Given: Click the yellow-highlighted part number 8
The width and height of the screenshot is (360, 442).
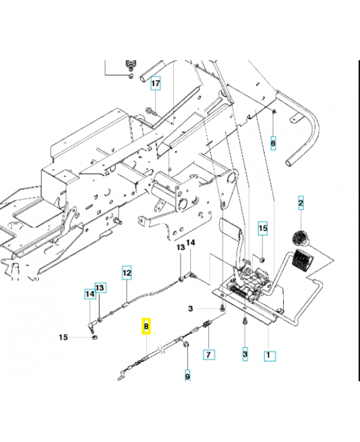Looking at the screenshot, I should click(146, 327).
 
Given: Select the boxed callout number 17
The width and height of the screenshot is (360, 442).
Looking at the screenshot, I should click(156, 84).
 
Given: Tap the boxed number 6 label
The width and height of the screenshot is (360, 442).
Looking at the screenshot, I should click(273, 143).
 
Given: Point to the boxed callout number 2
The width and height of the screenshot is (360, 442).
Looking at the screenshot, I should click(301, 204).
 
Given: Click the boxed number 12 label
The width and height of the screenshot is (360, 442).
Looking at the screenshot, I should click(127, 272).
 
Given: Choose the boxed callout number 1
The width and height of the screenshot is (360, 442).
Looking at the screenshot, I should click(269, 356).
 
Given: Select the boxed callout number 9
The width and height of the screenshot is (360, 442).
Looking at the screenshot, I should click(187, 376).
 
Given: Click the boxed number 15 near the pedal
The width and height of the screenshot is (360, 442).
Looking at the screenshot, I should click(263, 228).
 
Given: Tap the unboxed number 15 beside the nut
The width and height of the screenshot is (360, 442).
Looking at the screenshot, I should click(64, 337).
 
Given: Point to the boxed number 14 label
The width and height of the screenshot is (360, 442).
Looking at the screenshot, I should click(89, 295).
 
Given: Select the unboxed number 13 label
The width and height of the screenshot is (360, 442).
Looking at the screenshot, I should click(180, 248).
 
